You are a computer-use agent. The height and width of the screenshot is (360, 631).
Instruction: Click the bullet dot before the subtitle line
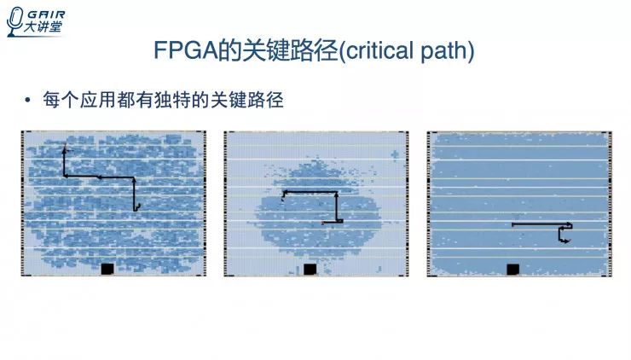pos(28,101)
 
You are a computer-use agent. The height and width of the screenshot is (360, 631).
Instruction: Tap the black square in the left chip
pos(107,269)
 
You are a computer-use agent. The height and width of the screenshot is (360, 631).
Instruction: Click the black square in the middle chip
pos(310,269)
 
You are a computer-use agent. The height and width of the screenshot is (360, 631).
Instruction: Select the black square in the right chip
pos(512,269)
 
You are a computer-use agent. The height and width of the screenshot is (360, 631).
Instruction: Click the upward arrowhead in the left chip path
pos(65,149)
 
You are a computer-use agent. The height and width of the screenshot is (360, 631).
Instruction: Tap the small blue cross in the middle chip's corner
pos(395,154)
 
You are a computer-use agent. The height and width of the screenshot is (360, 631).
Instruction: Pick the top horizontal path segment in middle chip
pos(310,192)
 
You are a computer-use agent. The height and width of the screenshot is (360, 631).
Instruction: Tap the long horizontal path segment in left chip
pos(100,177)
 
